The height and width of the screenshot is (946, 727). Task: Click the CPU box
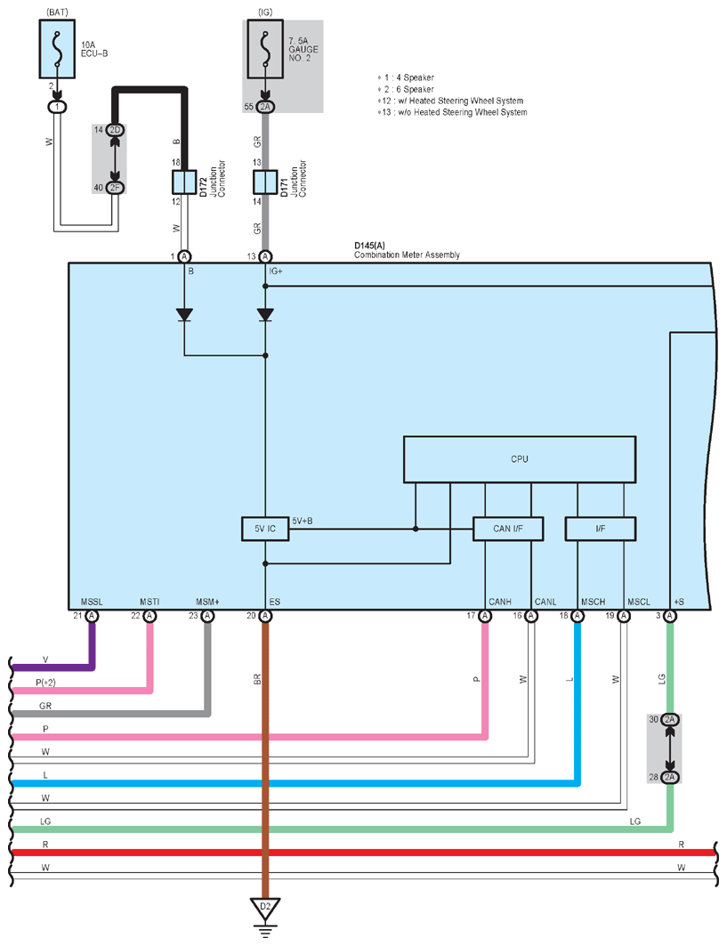(520, 459)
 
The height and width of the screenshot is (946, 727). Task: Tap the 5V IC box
(265, 530)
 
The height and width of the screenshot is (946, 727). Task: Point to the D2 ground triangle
(263, 909)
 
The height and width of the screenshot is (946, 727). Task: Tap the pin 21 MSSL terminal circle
(92, 616)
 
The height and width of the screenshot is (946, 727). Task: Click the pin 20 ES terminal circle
(265, 616)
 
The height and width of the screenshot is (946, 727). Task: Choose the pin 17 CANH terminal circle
(485, 616)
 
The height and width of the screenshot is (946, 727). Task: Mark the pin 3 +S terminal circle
(670, 616)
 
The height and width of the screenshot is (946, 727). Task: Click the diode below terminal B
(185, 315)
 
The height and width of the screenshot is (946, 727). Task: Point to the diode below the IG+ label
(265, 315)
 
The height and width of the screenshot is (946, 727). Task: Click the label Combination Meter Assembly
(407, 255)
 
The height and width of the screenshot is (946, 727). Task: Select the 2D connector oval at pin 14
(115, 131)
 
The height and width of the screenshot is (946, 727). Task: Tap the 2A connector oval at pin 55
(265, 107)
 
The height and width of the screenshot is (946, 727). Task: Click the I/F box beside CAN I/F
(601, 530)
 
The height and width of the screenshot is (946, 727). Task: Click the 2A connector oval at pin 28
(670, 777)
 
